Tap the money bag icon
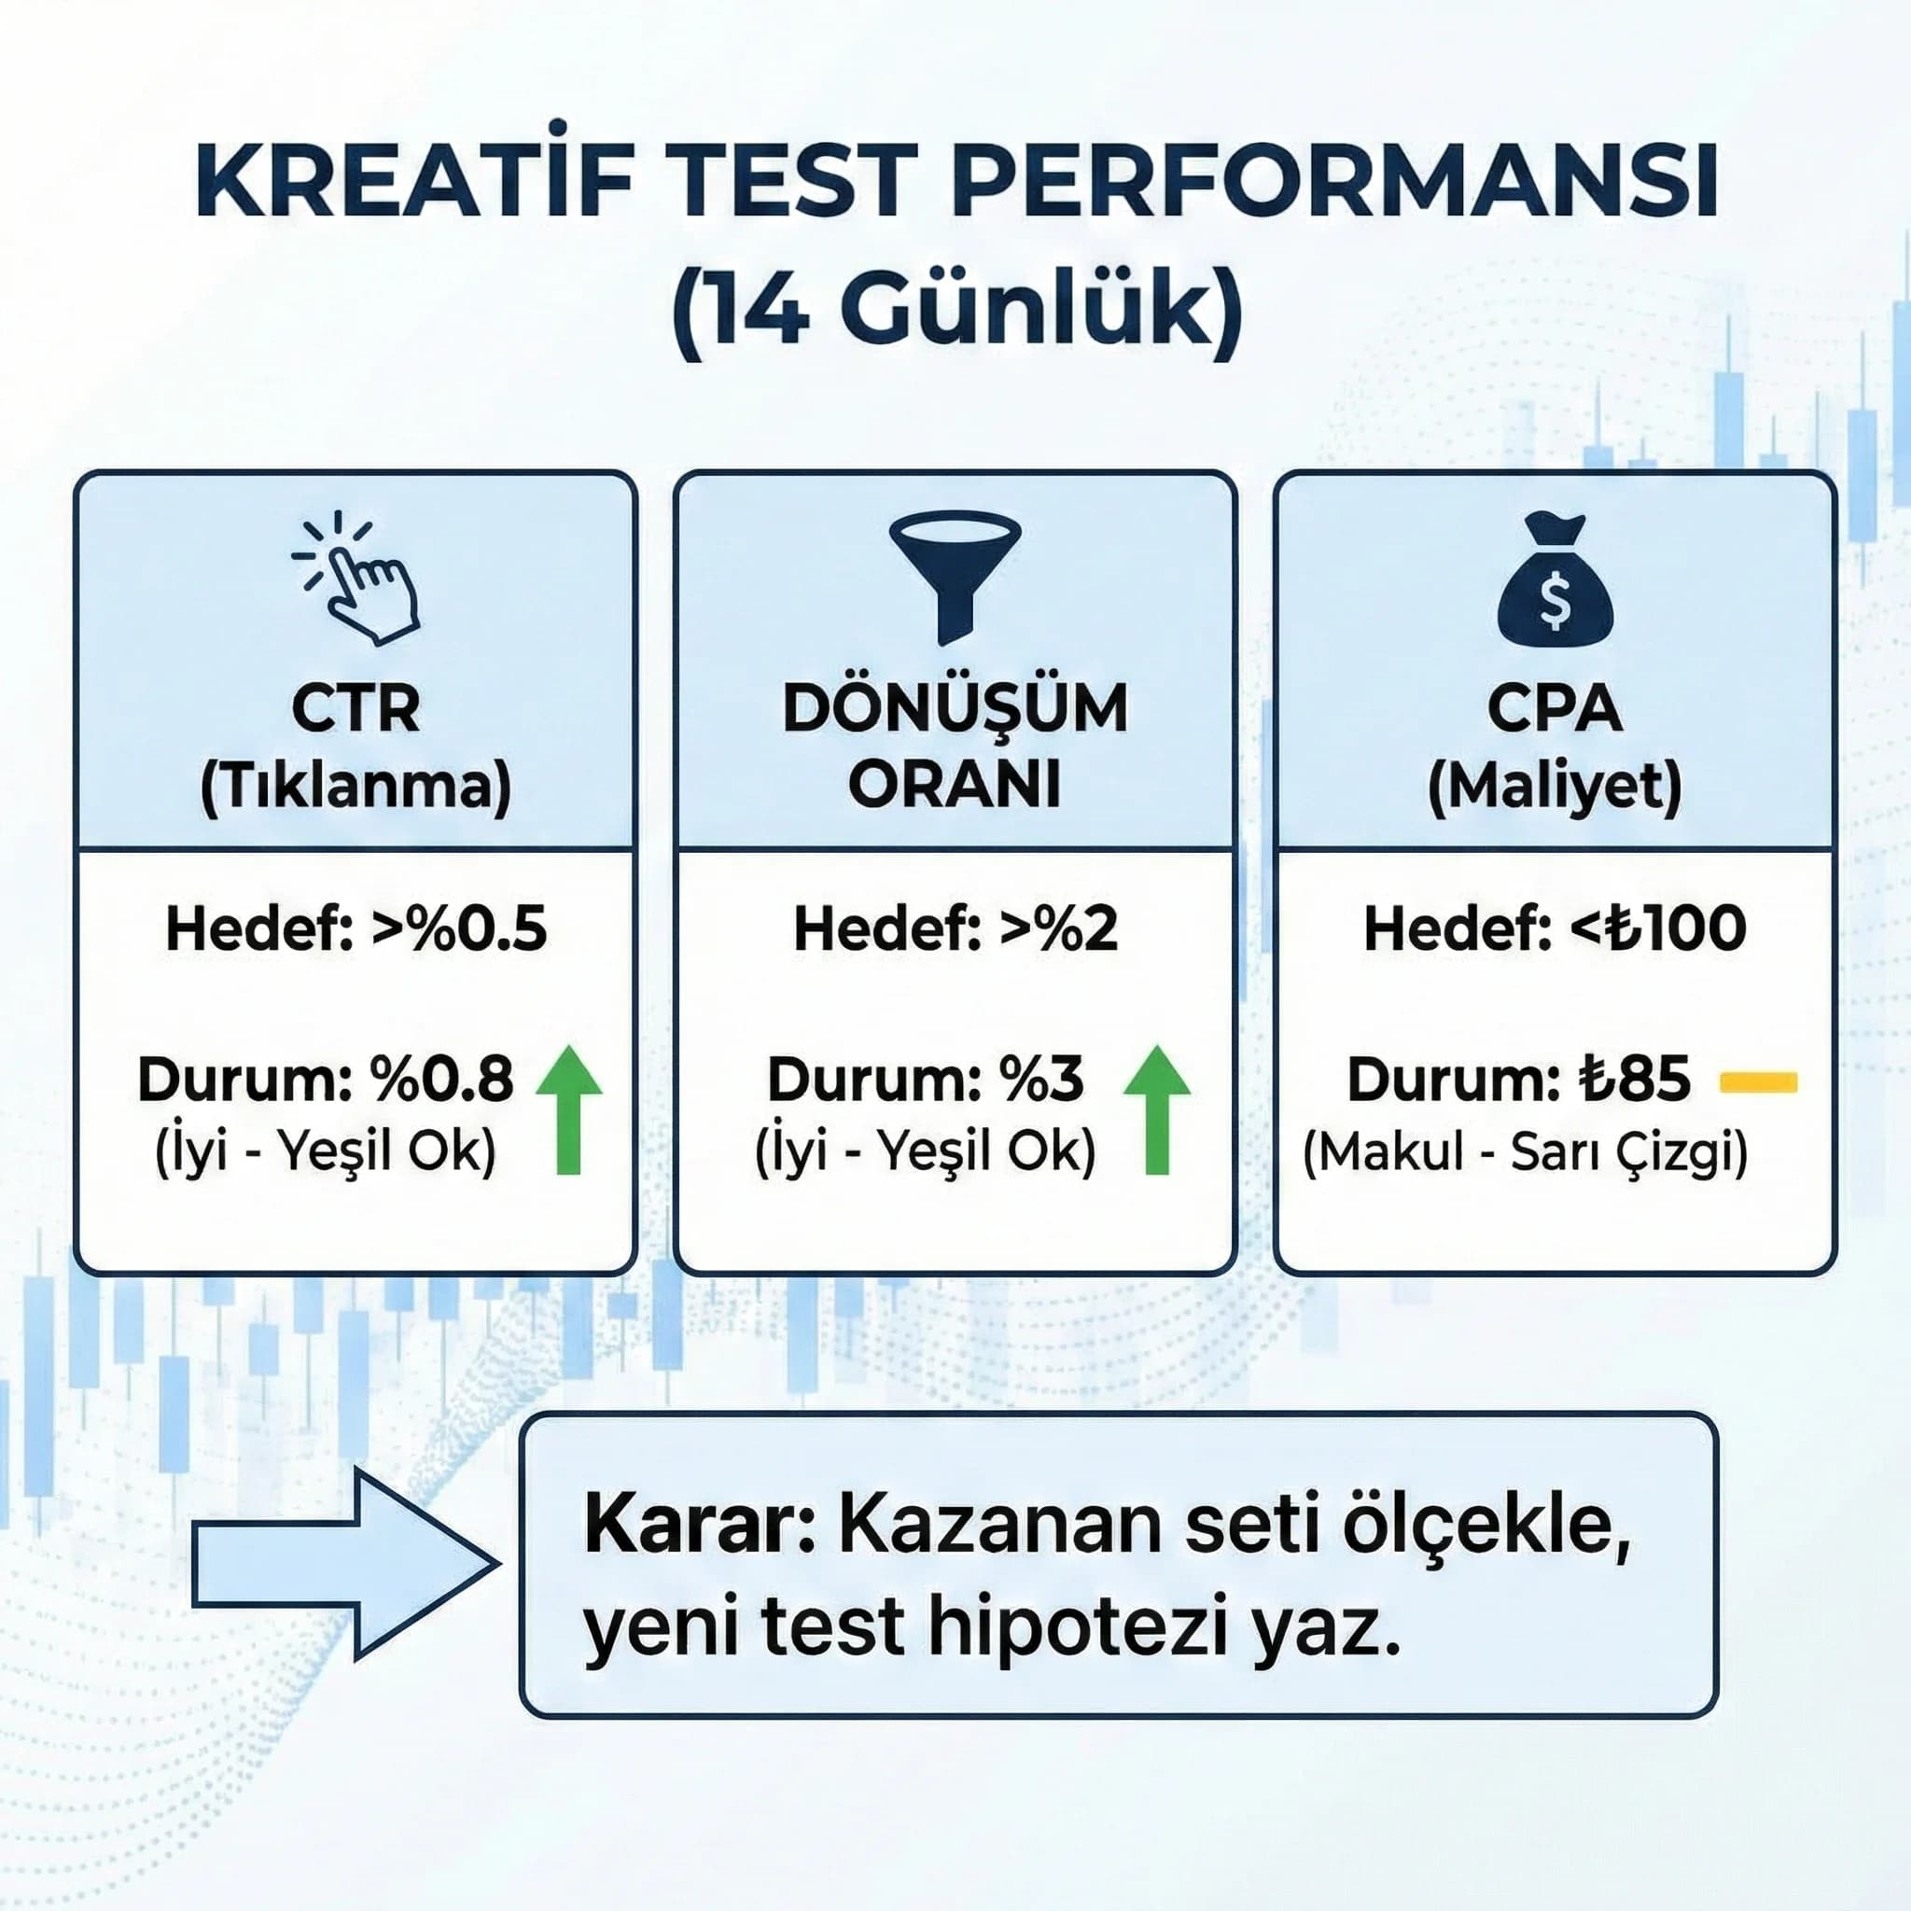(1554, 579)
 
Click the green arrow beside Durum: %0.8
(569, 1109)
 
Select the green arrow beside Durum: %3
(1156, 1109)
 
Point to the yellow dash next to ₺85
(1759, 1082)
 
